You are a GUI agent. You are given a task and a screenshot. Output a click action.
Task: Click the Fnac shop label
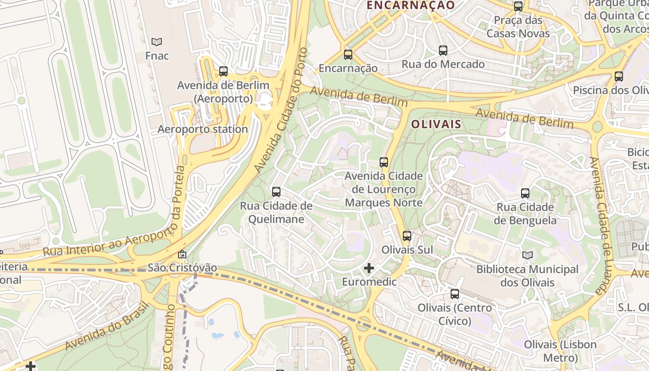(157, 56)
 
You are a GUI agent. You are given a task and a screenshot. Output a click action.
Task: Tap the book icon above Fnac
(157, 42)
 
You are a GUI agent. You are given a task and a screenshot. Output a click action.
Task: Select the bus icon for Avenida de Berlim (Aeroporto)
(223, 71)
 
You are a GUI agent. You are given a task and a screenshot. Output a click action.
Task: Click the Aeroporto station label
(203, 129)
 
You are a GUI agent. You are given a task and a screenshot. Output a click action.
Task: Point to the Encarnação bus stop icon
(348, 55)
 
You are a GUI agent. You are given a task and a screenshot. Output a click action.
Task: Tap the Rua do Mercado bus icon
(443, 51)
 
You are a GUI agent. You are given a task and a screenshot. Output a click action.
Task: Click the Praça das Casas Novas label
(518, 27)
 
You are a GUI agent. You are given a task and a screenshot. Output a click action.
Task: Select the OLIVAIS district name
(436, 124)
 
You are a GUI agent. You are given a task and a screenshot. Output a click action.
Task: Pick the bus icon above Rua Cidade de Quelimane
(276, 192)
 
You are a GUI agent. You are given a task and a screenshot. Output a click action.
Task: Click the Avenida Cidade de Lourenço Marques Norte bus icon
(384, 162)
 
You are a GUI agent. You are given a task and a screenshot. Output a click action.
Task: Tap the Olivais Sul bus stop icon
(407, 236)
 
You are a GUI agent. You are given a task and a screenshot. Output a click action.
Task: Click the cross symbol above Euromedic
(369, 268)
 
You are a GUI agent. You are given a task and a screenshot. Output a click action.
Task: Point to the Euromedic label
(369, 281)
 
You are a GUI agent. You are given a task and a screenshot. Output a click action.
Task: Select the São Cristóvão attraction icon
(182, 254)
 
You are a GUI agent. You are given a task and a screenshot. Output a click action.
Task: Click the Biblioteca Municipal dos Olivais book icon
(528, 255)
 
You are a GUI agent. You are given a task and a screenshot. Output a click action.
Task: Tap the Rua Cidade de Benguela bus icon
(525, 193)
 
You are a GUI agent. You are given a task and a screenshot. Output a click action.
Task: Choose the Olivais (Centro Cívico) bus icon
(455, 294)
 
